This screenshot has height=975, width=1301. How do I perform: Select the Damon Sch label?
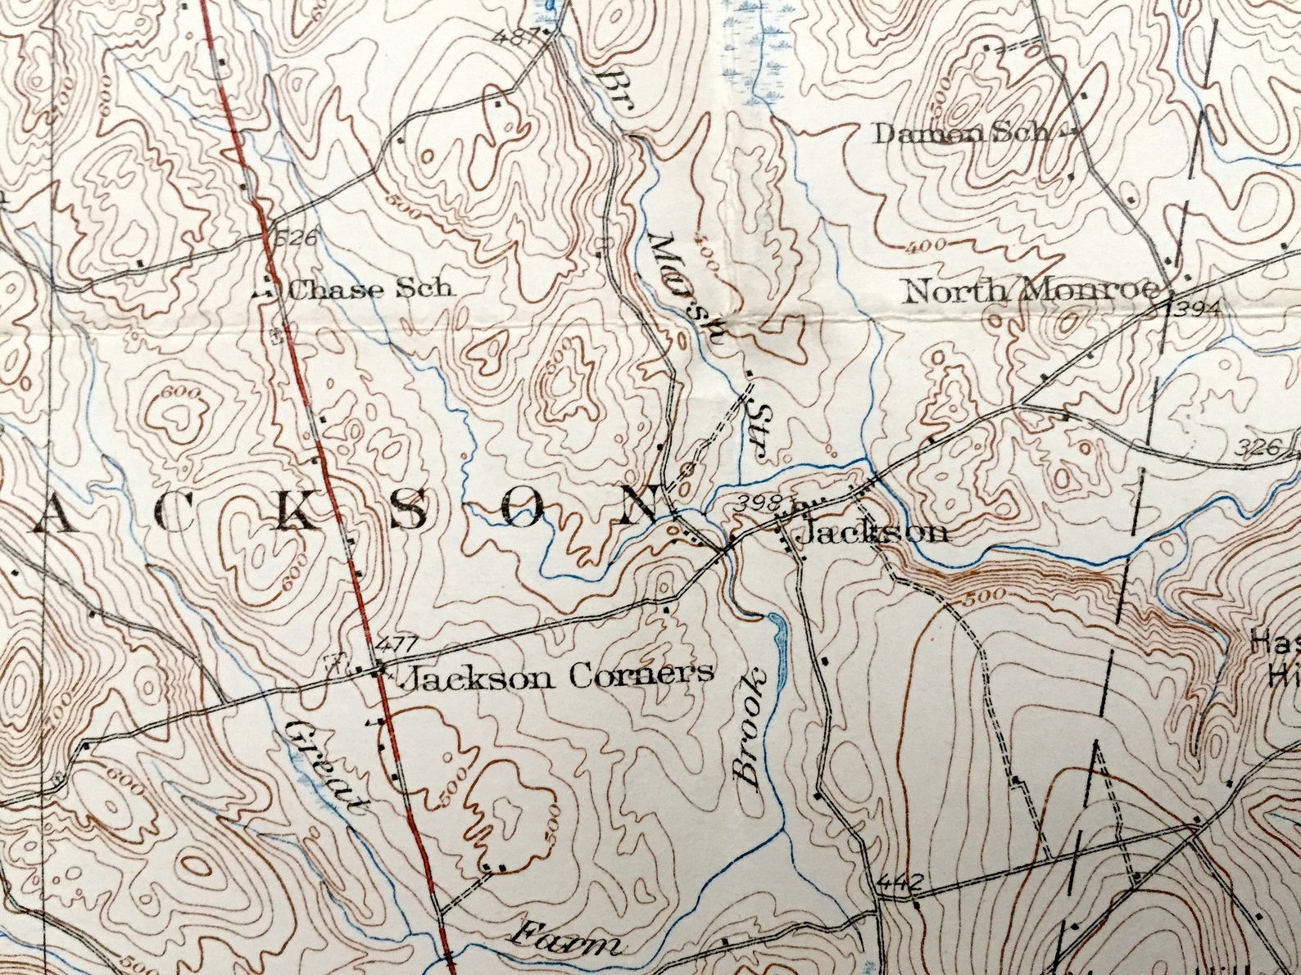961,133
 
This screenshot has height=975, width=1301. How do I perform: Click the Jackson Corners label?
560,676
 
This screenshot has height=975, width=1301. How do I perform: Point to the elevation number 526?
296,239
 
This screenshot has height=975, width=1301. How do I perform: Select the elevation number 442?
900,882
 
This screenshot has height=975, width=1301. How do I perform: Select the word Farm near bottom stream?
565,939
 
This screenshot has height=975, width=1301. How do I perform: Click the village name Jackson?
873,534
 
